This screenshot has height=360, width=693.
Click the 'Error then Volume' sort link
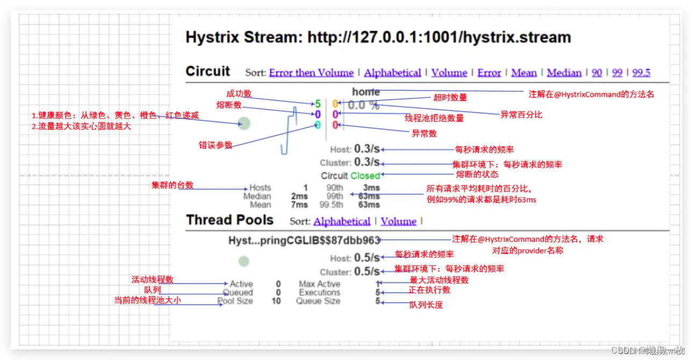coord(311,73)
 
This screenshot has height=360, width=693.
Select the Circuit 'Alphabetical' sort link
coord(392,73)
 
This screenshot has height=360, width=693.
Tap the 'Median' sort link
coord(564,73)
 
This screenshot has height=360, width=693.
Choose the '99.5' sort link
coord(641,73)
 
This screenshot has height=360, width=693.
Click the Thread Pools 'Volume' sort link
coord(398,221)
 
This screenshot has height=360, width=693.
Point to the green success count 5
coord(318,104)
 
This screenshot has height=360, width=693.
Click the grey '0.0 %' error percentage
coord(363,105)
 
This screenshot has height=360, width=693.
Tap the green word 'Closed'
coord(365,176)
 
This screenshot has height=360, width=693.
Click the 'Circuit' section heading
coord(208,71)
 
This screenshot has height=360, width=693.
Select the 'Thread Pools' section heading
coord(230,220)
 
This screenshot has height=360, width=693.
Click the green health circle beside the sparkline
coord(245,124)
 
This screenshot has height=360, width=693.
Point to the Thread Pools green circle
coord(244,262)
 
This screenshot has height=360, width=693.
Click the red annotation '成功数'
coord(239,93)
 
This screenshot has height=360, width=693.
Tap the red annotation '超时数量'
coord(450,97)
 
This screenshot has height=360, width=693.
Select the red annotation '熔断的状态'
coord(477,174)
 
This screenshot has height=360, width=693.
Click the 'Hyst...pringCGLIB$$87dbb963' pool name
coord(304,241)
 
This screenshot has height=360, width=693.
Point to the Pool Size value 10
coord(276,301)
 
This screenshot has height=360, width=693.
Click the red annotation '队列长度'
coord(426,305)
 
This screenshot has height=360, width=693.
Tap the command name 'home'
coord(366,92)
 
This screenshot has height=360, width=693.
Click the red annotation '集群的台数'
coord(173,185)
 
